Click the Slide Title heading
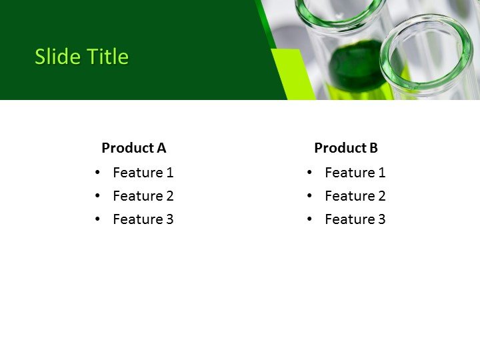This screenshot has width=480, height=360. [81, 57]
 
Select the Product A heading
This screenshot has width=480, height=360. [133, 148]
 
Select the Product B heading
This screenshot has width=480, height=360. [345, 148]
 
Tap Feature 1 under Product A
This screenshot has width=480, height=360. [143, 173]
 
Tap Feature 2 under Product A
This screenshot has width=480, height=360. [143, 196]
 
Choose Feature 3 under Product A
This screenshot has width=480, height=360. [143, 219]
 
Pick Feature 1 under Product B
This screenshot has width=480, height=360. [355, 173]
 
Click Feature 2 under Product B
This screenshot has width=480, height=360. [355, 196]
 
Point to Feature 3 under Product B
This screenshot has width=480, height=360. [355, 219]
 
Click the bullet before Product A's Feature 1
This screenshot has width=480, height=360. [98, 173]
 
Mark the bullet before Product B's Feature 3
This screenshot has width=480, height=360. [309, 219]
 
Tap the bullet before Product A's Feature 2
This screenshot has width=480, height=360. [98, 196]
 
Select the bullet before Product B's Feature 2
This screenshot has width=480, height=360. [309, 196]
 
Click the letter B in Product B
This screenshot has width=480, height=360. [373, 148]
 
